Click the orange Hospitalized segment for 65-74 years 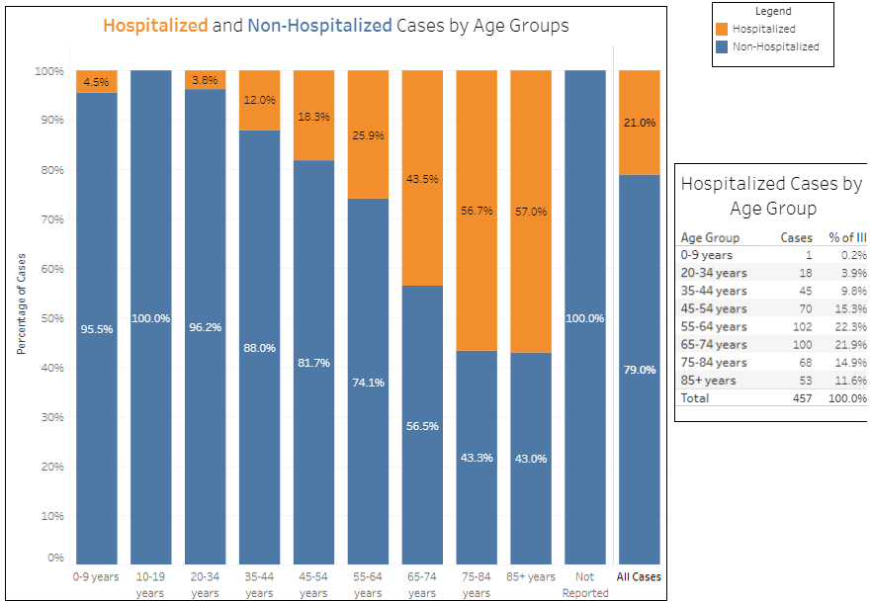coord(422,178)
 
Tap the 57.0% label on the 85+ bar coord(531,212)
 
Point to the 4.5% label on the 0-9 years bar coord(96,82)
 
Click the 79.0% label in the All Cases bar coord(640,370)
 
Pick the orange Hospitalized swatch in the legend coord(723,29)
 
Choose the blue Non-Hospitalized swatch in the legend coord(723,46)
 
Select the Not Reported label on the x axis coord(585,584)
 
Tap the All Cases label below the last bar coord(639,577)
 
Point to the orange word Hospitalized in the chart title coord(155,25)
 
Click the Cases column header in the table coord(796,238)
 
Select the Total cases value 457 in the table coord(801,398)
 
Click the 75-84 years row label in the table coord(714,363)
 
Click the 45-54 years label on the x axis coord(313,584)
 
